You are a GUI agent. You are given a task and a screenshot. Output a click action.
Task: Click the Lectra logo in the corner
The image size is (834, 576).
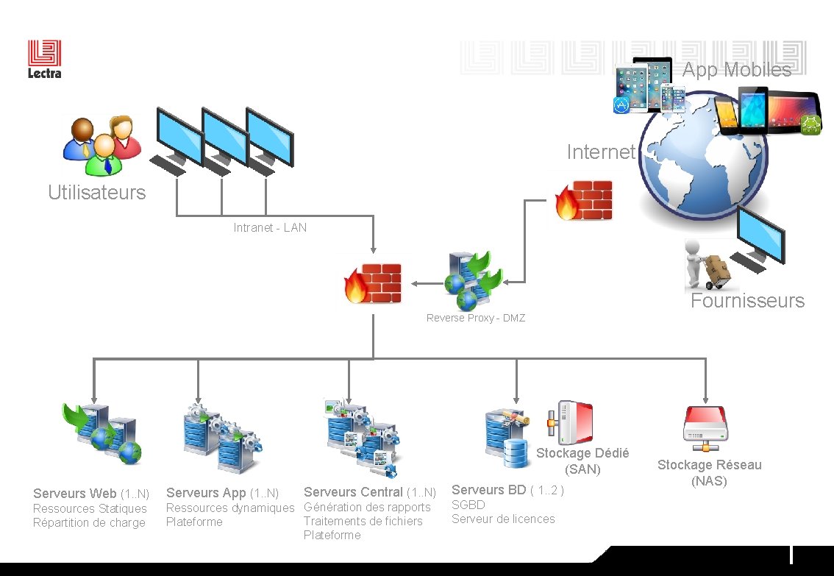[x=44, y=59]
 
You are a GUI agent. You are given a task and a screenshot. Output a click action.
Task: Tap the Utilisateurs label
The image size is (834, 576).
[x=97, y=193]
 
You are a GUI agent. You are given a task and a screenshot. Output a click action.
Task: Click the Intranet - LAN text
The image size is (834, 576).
[x=270, y=227]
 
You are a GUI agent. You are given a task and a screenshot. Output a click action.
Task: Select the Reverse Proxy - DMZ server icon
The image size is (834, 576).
[x=473, y=280]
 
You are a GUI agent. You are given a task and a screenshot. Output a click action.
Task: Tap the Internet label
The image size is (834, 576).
[x=600, y=152]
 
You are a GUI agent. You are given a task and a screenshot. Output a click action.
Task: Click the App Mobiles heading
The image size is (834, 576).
[x=736, y=70]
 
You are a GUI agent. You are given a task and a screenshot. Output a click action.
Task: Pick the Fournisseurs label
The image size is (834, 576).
[x=747, y=300]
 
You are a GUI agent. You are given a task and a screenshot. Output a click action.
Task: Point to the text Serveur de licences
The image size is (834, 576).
[x=503, y=519]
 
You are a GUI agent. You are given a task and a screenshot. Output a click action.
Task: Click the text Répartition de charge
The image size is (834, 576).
[x=89, y=522]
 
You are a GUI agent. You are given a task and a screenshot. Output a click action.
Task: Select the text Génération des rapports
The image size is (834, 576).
[x=367, y=507]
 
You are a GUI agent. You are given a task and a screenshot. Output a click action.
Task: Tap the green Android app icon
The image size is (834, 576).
[x=810, y=125]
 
